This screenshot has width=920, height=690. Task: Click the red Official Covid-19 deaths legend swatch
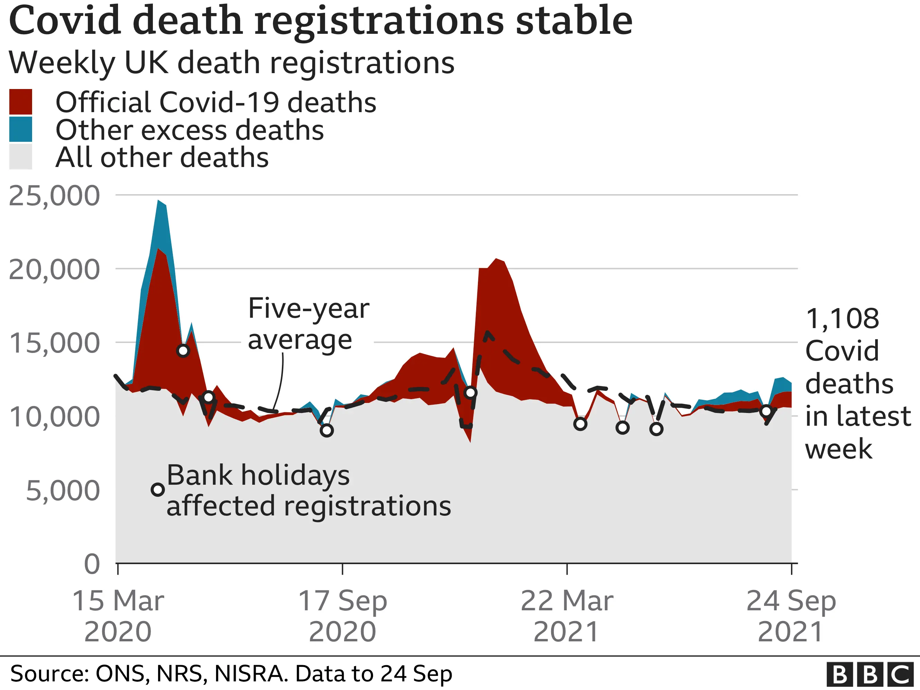point(20,101)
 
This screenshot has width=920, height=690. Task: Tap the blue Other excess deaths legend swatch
point(20,129)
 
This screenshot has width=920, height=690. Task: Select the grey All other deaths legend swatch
point(20,157)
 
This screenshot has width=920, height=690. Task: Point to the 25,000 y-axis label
point(54,196)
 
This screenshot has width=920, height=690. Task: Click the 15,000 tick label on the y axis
point(54,343)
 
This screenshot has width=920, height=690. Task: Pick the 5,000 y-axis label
point(62,491)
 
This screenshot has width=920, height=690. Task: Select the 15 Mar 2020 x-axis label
point(118,616)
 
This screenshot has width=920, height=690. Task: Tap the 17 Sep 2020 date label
point(342,616)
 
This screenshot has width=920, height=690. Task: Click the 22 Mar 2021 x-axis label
point(567,616)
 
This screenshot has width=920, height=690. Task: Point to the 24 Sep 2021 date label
point(791,616)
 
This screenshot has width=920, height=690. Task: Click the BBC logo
point(872,674)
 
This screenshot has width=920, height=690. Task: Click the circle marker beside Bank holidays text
point(158,490)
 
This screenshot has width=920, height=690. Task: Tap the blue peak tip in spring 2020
point(158,201)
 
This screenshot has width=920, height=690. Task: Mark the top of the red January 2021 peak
point(496,259)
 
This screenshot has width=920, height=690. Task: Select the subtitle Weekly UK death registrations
point(231,62)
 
